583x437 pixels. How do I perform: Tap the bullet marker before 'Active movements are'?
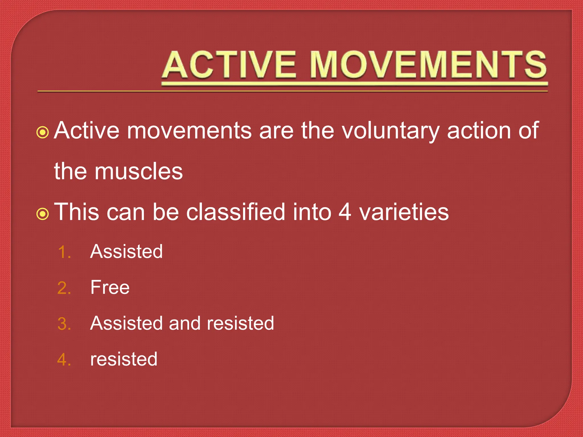pos(43,132)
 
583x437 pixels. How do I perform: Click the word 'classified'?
pos(236,212)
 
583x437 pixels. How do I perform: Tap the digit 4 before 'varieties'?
pos(345,212)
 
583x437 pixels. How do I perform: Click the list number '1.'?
pos(64,252)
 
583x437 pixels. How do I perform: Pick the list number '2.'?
pos(64,288)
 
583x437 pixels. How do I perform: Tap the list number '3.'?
pos(64,324)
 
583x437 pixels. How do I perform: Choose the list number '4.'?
pos(64,360)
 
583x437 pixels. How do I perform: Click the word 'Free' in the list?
pos(110,287)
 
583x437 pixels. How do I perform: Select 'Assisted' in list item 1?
pos(126,252)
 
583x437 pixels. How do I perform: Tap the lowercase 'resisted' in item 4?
pos(124,359)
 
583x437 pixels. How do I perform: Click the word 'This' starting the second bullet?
pos(77,212)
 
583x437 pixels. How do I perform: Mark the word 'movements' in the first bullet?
pos(189,131)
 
